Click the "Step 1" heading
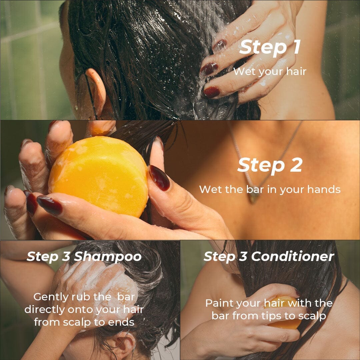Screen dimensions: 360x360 point(270,48)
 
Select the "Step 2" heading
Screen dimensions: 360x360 point(270,165)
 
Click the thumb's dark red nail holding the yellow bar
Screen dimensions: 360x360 point(159,178)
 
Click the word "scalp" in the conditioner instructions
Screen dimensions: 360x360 point(312,316)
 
